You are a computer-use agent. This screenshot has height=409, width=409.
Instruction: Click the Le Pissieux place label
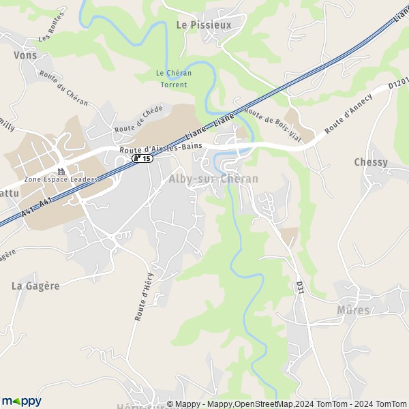point(204,25)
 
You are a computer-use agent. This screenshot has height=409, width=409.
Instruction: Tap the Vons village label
point(25,55)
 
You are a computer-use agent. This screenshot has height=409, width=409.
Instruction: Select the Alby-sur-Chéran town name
point(213,179)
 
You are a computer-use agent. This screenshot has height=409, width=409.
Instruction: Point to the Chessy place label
point(371,162)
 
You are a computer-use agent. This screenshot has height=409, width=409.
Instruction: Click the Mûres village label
point(354,310)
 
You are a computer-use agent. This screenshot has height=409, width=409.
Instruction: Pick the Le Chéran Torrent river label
point(173,79)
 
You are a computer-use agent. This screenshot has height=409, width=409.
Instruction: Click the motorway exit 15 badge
point(142,158)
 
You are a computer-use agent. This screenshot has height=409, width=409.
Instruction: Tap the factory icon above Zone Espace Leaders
point(61,171)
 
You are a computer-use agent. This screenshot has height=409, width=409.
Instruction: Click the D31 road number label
point(299,287)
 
